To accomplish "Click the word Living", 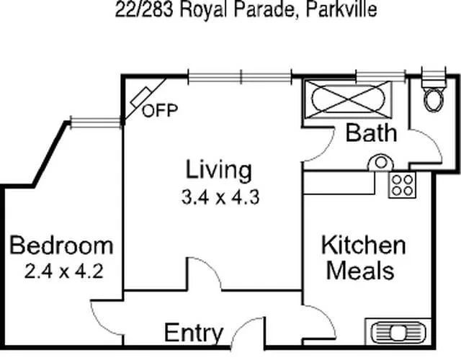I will tap(219, 171).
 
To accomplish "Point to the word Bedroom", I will tap(61, 246).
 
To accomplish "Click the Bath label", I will tap(370, 132).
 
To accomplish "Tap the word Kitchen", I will tap(362, 245).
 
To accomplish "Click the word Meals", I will tap(360, 271).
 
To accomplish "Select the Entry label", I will tap(194, 333).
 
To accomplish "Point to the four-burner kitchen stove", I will tap(402, 186).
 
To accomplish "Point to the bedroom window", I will tap(94, 123).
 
